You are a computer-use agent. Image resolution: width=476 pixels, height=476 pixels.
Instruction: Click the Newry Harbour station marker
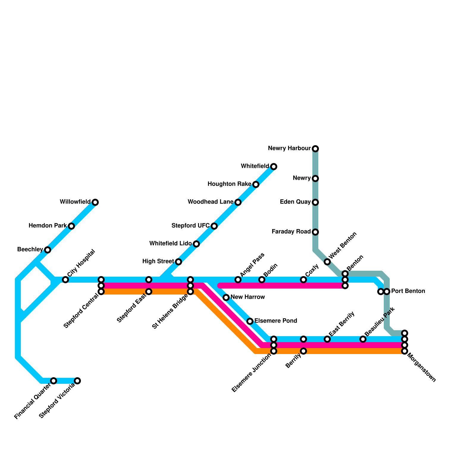(315, 148)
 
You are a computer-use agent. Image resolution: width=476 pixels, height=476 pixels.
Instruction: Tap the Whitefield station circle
(274, 166)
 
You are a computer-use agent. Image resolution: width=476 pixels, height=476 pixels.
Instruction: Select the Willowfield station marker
(95, 202)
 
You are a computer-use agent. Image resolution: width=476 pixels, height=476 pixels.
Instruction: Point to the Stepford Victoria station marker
(77, 381)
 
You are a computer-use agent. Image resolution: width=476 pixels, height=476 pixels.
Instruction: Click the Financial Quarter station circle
(54, 381)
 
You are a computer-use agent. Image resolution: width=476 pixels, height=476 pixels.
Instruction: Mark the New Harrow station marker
(226, 297)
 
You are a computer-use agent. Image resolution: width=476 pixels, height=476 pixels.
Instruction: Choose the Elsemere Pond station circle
(250, 321)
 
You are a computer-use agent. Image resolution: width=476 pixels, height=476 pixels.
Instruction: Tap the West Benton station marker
(327, 262)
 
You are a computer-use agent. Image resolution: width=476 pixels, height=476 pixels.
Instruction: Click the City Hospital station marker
(65, 280)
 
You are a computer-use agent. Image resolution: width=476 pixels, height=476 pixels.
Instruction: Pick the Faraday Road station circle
(315, 232)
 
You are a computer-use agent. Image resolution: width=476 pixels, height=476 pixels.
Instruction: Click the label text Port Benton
(408, 291)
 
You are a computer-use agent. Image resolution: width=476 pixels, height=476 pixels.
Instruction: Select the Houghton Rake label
(229, 184)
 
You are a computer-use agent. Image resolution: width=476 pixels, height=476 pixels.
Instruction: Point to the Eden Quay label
(295, 202)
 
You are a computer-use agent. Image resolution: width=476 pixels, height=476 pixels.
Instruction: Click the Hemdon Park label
(48, 226)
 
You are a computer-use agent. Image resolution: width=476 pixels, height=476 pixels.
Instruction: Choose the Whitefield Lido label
(170, 244)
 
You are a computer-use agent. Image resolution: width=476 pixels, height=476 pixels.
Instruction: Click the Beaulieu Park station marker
(363, 339)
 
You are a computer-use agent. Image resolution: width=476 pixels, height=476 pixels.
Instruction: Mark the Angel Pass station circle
(238, 280)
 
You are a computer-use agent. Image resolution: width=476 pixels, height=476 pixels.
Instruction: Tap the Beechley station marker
(48, 250)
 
